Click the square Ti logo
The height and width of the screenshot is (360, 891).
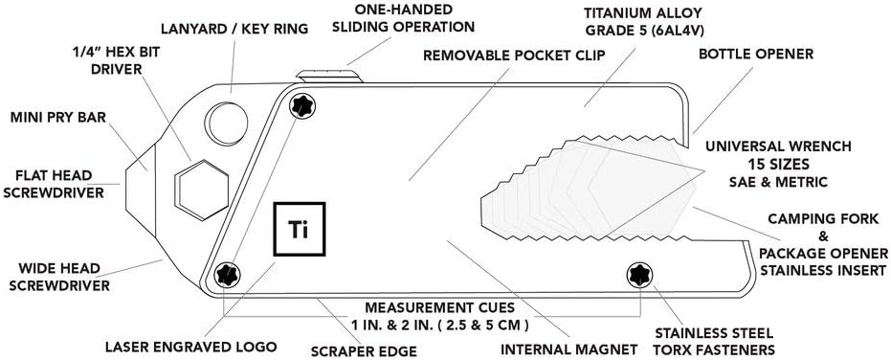(x=299, y=229)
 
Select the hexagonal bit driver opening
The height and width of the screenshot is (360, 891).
(x=202, y=190)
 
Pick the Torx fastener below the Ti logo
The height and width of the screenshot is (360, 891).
(x=228, y=275)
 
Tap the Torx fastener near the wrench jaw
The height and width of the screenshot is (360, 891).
(x=639, y=275)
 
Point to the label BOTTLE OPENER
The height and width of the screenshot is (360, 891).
(x=756, y=54)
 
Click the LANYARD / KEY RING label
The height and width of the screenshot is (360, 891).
(x=234, y=29)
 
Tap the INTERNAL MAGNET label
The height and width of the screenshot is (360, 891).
(x=568, y=349)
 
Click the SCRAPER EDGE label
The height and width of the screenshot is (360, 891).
(x=365, y=350)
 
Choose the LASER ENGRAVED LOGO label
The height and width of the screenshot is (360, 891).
(x=191, y=347)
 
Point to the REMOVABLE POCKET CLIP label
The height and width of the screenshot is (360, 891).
(x=514, y=56)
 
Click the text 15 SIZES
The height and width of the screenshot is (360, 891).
(x=778, y=165)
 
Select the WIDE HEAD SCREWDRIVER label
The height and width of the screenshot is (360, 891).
(x=59, y=277)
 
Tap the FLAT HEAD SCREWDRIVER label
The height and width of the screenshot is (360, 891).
(x=54, y=184)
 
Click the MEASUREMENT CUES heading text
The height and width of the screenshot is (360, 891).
(x=439, y=308)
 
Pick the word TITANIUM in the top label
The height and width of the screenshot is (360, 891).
(x=612, y=12)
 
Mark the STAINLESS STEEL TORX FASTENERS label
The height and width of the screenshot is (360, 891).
(x=714, y=341)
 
